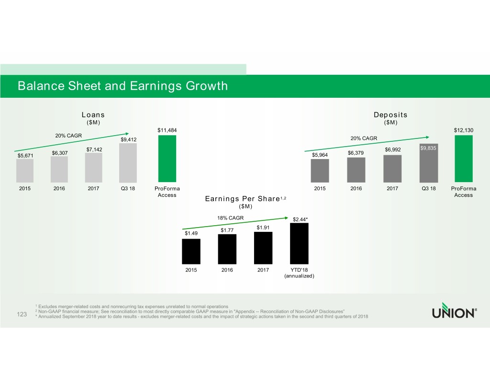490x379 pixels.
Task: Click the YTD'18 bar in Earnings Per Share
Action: (299, 244)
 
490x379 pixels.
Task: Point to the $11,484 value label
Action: (167, 130)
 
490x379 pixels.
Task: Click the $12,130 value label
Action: (464, 130)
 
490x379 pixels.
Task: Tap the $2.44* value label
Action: (300, 219)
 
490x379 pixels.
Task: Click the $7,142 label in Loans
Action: (95, 149)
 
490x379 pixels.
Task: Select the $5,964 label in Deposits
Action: (320, 155)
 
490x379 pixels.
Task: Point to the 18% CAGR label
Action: (230, 218)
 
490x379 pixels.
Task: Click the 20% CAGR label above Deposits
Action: (364, 138)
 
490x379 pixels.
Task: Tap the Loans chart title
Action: (93, 115)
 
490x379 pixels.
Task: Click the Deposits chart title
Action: (390, 115)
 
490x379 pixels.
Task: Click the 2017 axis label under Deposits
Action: (392, 188)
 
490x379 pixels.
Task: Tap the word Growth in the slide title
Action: (200, 86)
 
